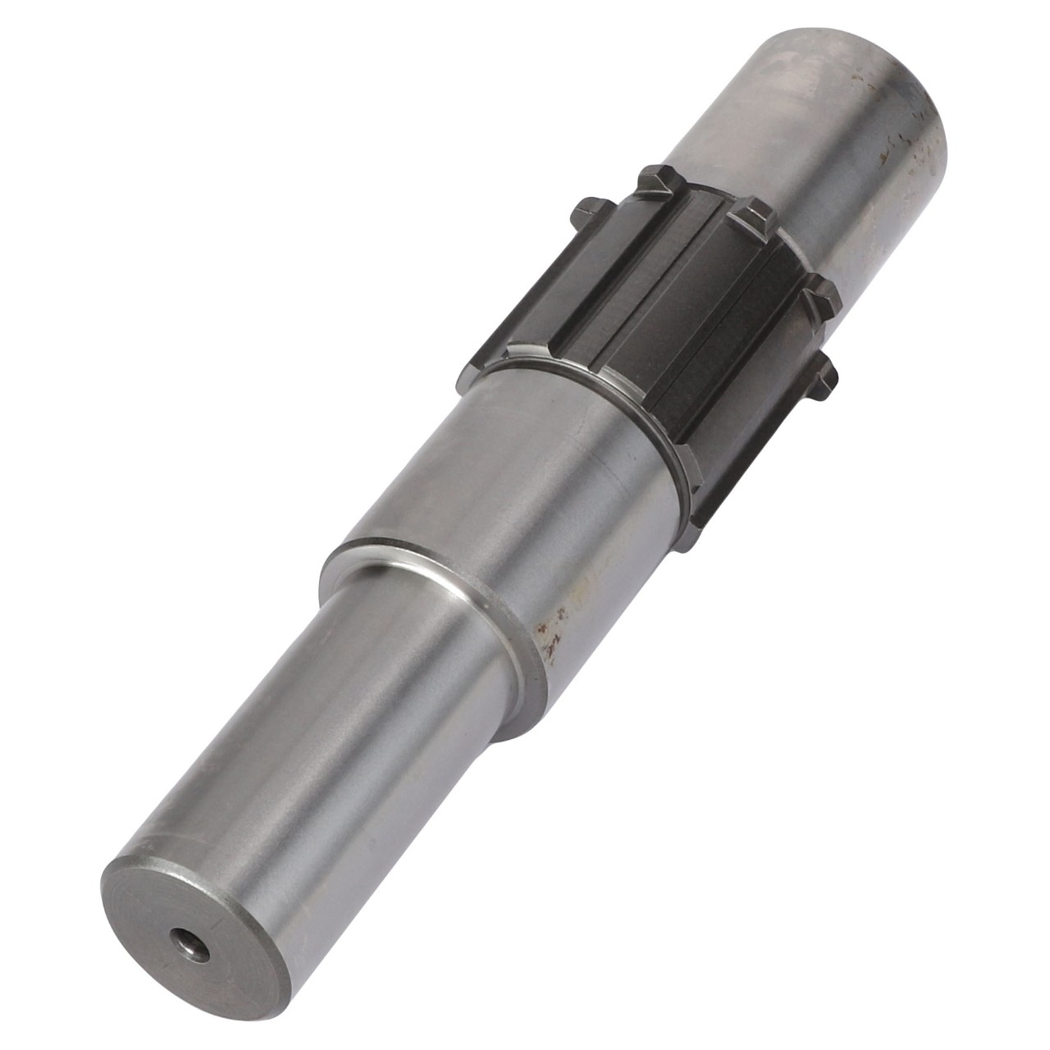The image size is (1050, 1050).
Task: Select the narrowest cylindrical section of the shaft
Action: [312, 738]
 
